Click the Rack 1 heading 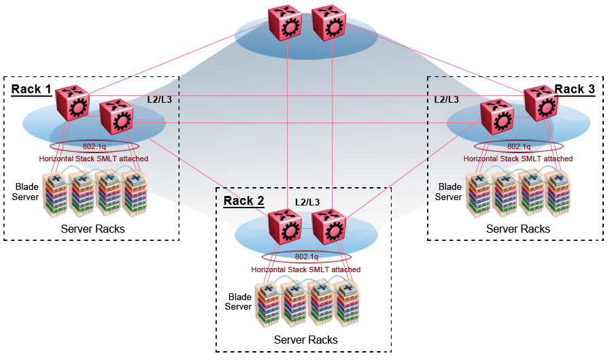31,90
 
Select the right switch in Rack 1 116,116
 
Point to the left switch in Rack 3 496,116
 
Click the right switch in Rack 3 540,103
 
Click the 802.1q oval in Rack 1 95,146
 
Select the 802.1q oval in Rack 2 307,257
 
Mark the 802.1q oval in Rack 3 518,146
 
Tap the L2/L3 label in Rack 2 307,202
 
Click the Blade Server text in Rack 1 27,191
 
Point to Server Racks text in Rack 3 518,229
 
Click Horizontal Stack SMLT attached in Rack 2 306,269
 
